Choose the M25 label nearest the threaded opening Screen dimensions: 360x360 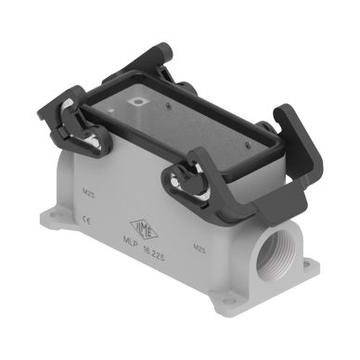(199, 248)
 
